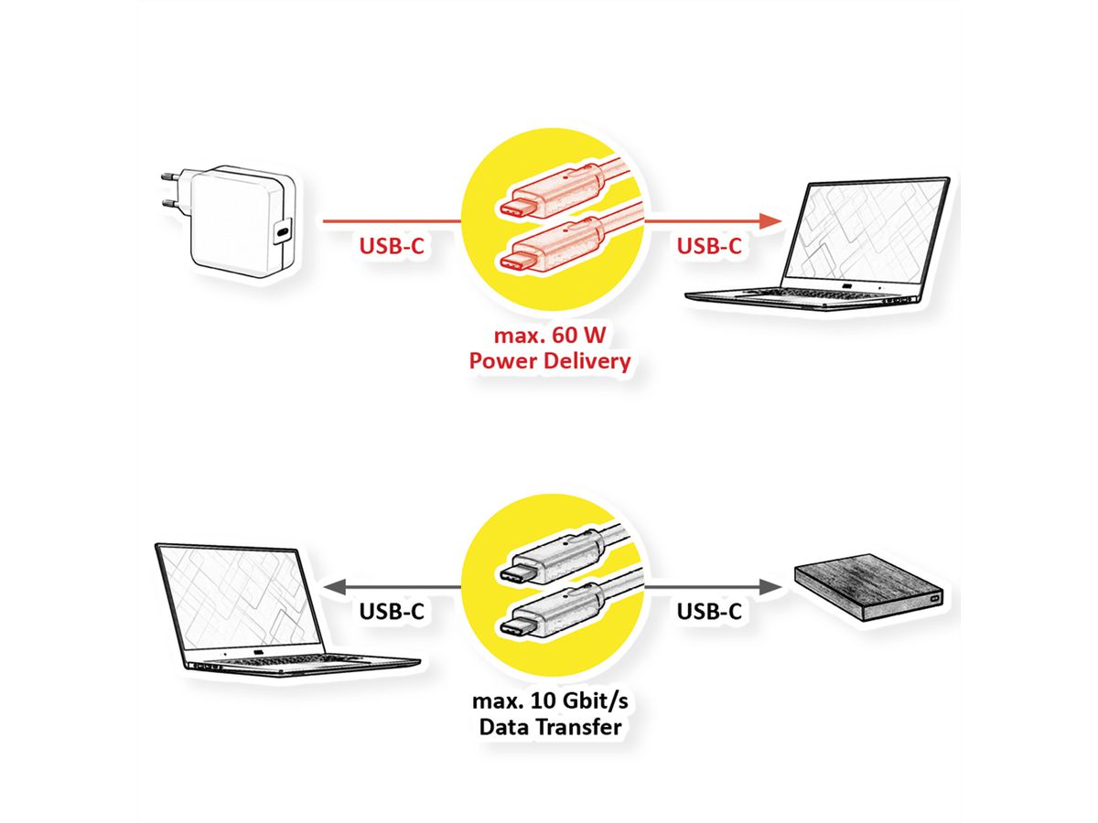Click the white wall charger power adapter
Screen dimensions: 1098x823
[228, 221]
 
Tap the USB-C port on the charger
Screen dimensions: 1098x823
[283, 232]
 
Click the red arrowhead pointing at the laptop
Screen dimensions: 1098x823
[770, 221]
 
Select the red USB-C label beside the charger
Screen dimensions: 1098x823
[392, 246]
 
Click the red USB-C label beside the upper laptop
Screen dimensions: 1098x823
[709, 246]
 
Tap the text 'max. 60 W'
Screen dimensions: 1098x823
[550, 336]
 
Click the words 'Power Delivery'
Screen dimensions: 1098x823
[550, 361]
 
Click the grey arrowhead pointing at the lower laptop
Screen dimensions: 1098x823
[334, 587]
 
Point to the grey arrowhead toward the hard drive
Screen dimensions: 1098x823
[770, 587]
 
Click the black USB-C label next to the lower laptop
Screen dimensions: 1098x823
[392, 612]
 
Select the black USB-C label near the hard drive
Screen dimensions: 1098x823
[709, 612]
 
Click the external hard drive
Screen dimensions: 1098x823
[869, 587]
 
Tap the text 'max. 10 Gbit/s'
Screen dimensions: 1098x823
[550, 701]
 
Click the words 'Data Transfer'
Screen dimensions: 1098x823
[550, 727]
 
